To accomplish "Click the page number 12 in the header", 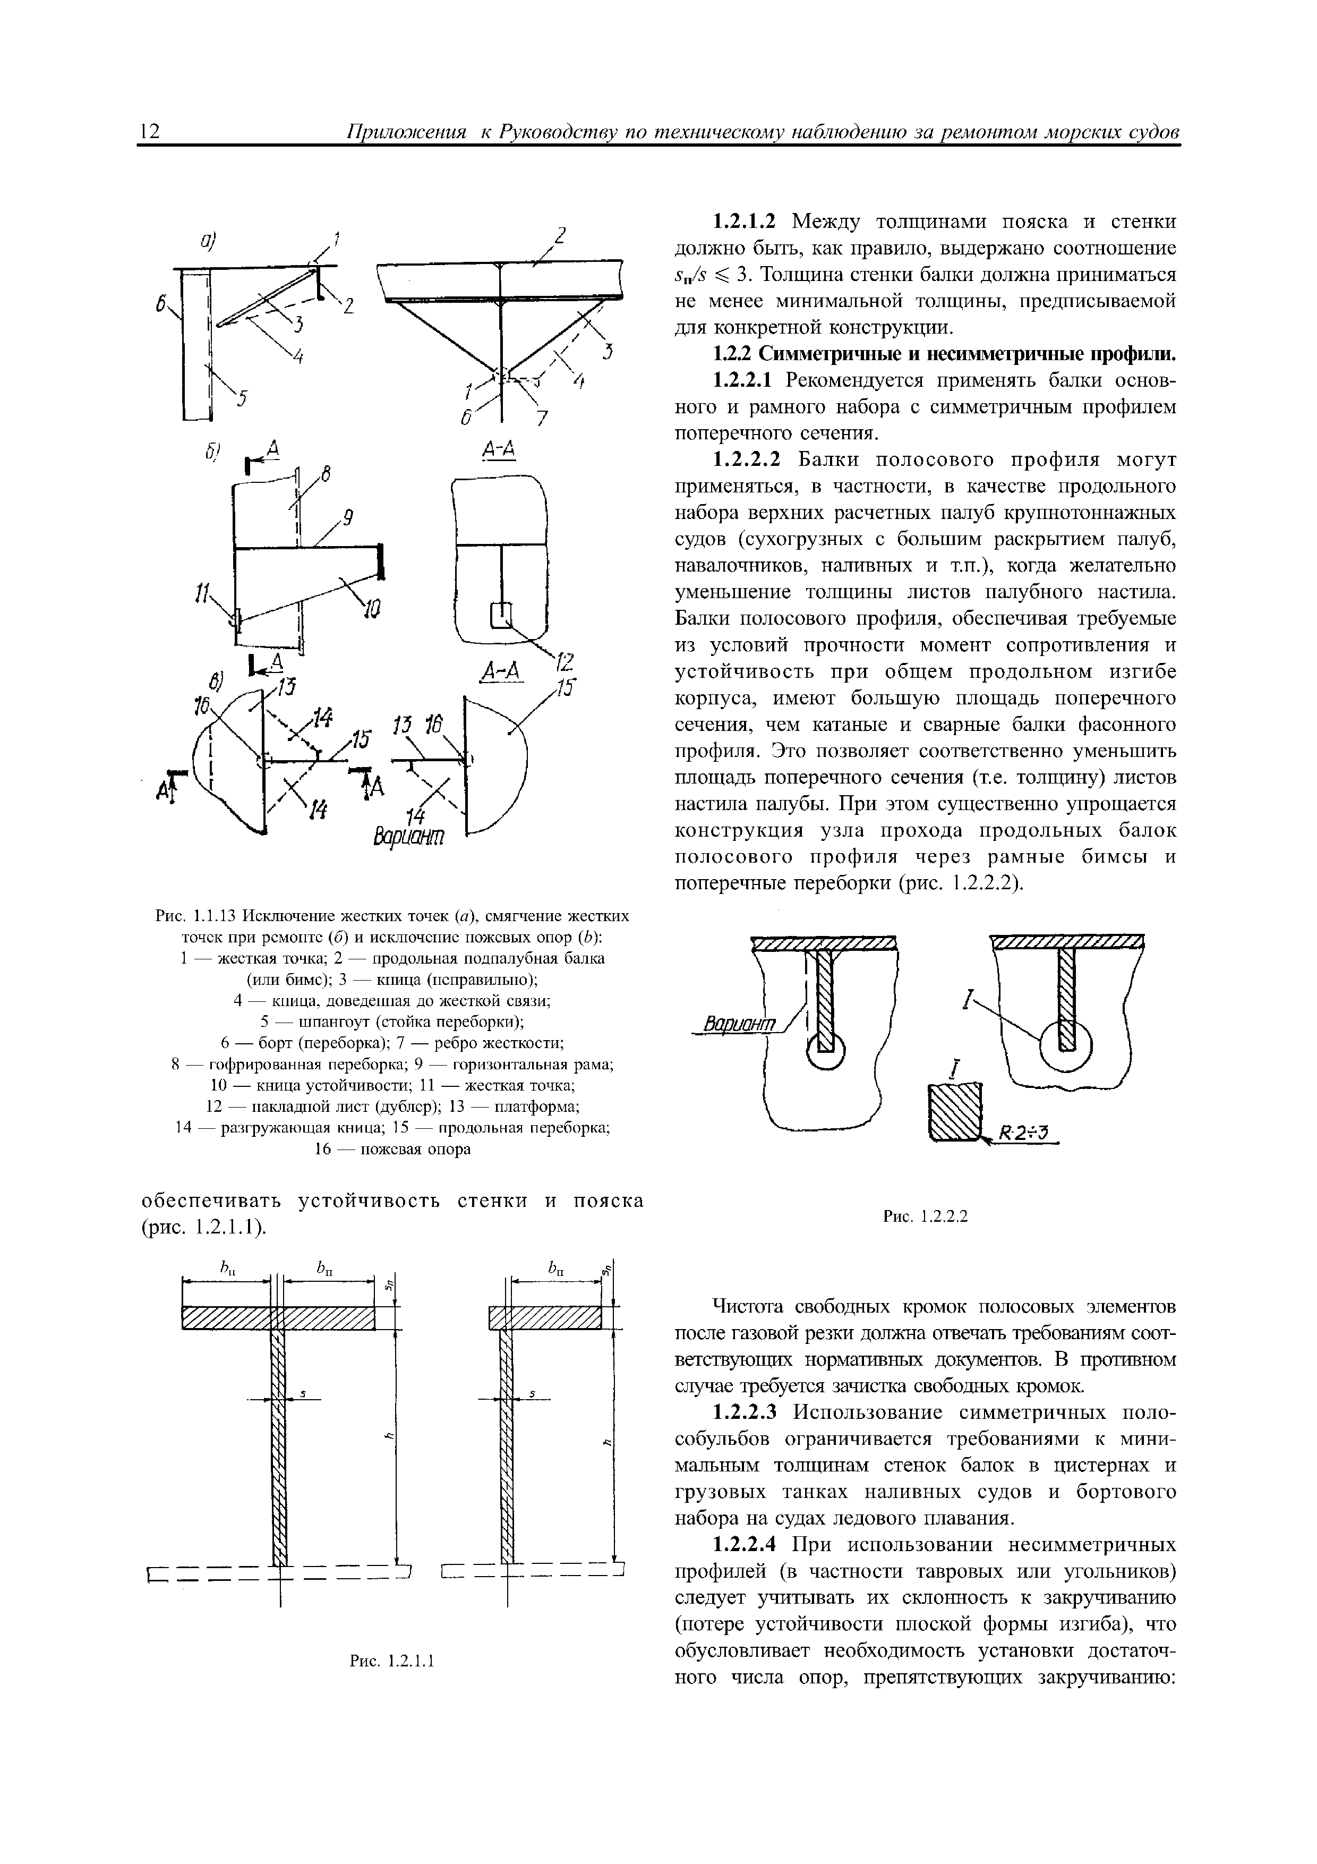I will [x=151, y=132].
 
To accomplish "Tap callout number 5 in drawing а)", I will [x=243, y=398].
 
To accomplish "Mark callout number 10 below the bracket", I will [x=372, y=607].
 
